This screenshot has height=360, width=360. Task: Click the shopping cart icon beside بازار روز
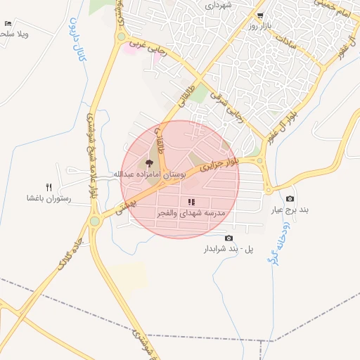coord(261,15)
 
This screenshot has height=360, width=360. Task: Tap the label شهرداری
coord(218,4)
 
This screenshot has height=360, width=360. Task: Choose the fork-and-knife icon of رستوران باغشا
coord(49,187)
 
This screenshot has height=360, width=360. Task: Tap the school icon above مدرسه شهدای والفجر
coord(191,202)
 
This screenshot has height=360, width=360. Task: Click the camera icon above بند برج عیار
coord(290,199)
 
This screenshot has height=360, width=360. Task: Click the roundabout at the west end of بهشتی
coord(94,221)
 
